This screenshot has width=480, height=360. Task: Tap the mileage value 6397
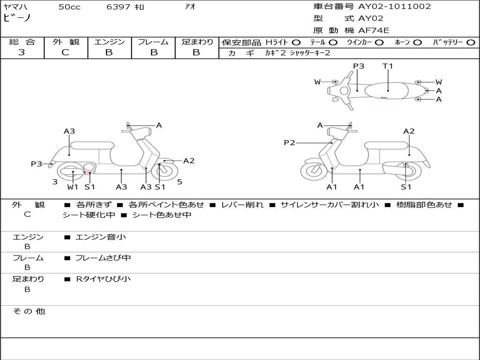tap(119, 7)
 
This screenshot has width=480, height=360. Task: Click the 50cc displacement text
tap(69, 7)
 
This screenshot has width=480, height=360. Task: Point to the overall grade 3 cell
tap(22, 52)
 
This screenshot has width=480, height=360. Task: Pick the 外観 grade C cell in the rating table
tap(66, 52)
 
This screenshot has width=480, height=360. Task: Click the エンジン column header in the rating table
tap(109, 42)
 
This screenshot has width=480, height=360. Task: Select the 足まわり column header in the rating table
tap(197, 42)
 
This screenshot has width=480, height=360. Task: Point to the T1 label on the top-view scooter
tap(388, 66)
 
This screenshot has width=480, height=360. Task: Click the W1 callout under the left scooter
tap(73, 187)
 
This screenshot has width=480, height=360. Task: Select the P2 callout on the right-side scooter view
tap(289, 142)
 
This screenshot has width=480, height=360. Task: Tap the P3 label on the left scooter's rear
tap(37, 164)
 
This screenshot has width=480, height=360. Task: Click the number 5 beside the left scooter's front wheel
tap(180, 182)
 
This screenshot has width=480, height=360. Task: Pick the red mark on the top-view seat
tap(383, 97)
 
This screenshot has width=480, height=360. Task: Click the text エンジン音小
tap(100, 237)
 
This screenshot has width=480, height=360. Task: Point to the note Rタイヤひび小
tap(104, 279)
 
